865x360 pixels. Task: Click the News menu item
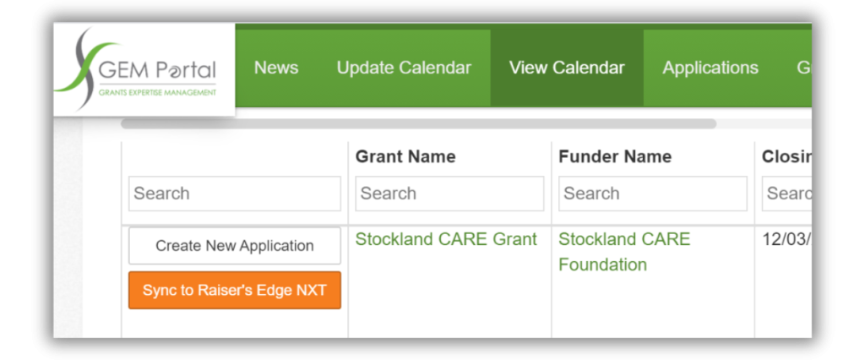pos(276,68)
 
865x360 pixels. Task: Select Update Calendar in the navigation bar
pos(404,68)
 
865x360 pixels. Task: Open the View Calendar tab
pos(567,68)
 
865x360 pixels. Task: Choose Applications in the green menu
pos(710,68)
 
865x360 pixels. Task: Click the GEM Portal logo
pos(144,69)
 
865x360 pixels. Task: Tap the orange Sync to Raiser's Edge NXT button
pos(235,291)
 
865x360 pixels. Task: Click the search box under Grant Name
pos(449,194)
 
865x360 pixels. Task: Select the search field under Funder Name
pos(653,194)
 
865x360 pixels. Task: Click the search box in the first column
pos(235,194)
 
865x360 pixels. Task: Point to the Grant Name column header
pos(405,156)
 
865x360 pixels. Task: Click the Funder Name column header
pos(615,156)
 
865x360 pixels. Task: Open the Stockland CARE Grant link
pos(446,239)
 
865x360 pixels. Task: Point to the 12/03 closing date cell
pos(786,239)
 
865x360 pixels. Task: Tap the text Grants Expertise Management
pos(157,91)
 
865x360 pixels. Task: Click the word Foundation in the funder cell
pos(602,265)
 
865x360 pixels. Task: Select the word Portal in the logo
pos(183,71)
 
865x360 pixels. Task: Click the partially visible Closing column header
pos(786,156)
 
